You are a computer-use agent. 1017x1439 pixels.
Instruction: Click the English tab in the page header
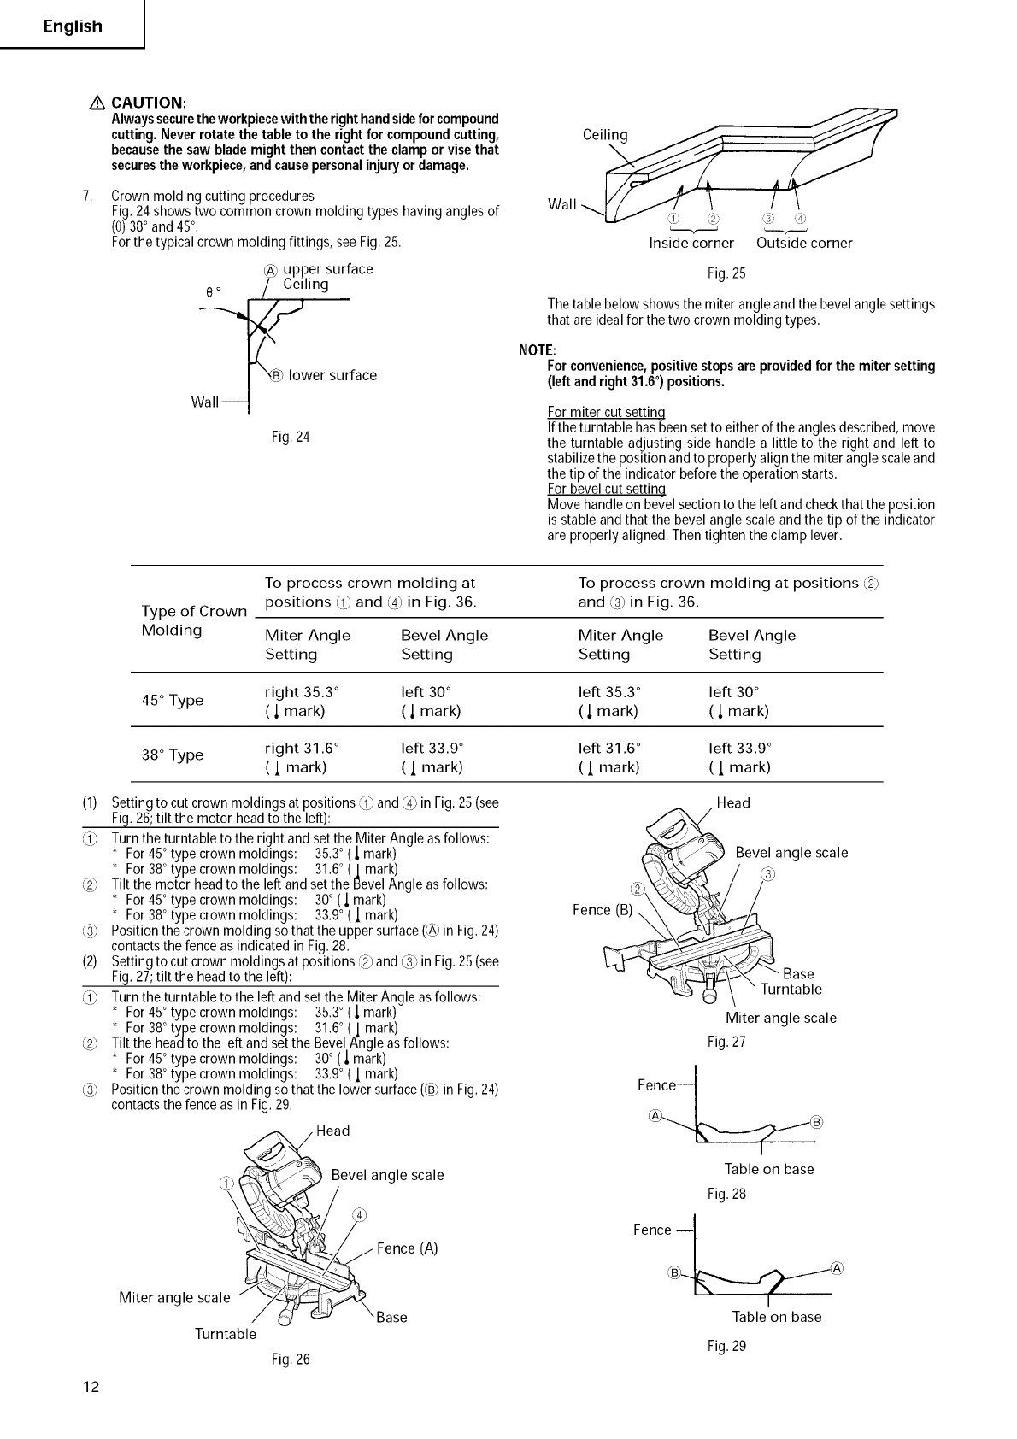coord(73,26)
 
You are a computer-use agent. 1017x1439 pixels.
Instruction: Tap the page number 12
coord(91,1386)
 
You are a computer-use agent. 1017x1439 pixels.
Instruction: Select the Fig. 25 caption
coord(726,273)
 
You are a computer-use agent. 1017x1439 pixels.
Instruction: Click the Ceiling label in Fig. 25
coord(604,135)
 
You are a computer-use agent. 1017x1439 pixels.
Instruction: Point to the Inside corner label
coord(691,243)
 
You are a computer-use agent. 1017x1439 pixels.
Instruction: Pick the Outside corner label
coord(804,243)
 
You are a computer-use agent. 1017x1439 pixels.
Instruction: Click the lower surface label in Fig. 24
coord(332,375)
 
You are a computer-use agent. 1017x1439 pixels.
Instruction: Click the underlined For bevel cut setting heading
coord(606,489)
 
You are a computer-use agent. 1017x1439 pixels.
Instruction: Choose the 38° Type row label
coord(172,755)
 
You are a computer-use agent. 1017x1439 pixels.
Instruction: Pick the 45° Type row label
coord(172,701)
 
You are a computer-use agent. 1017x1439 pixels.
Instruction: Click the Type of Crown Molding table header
coord(193,620)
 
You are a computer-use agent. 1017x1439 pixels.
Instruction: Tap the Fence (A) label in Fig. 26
coord(407,1248)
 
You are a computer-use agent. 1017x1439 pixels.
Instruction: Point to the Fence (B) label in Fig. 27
coord(603,910)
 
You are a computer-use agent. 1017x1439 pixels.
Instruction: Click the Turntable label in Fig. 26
coord(225,1334)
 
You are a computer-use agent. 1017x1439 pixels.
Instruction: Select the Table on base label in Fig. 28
coord(768,1169)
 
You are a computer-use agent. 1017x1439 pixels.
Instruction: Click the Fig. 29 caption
coord(726,1347)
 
